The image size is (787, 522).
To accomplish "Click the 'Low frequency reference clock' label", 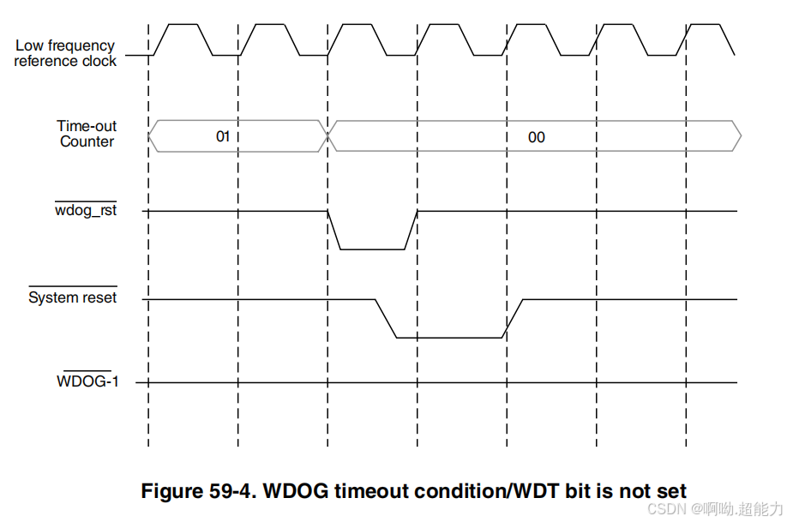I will tap(65, 53).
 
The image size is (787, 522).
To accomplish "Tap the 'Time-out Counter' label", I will tap(87, 134).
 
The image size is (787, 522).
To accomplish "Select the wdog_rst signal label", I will tap(86, 211).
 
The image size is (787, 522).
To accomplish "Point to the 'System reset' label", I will tap(73, 297).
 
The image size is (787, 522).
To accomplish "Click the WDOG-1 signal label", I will tap(87, 381).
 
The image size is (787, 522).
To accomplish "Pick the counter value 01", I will tap(223, 135).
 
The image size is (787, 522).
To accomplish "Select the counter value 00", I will tap(536, 136).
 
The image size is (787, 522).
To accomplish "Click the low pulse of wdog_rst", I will tap(372, 249).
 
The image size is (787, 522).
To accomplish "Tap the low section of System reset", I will tap(449, 337).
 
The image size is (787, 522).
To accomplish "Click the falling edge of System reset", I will tap(385, 318).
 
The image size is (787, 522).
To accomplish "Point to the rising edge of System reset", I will tap(514, 318).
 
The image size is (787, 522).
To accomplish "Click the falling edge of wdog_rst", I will tap(334, 230).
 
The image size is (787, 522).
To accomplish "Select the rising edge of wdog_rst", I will tap(411, 230).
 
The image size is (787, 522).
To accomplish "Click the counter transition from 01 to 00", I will tap(327, 135).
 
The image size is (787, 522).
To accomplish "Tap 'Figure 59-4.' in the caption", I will tap(198, 491).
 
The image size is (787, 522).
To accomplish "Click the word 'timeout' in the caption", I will tap(365, 491).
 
